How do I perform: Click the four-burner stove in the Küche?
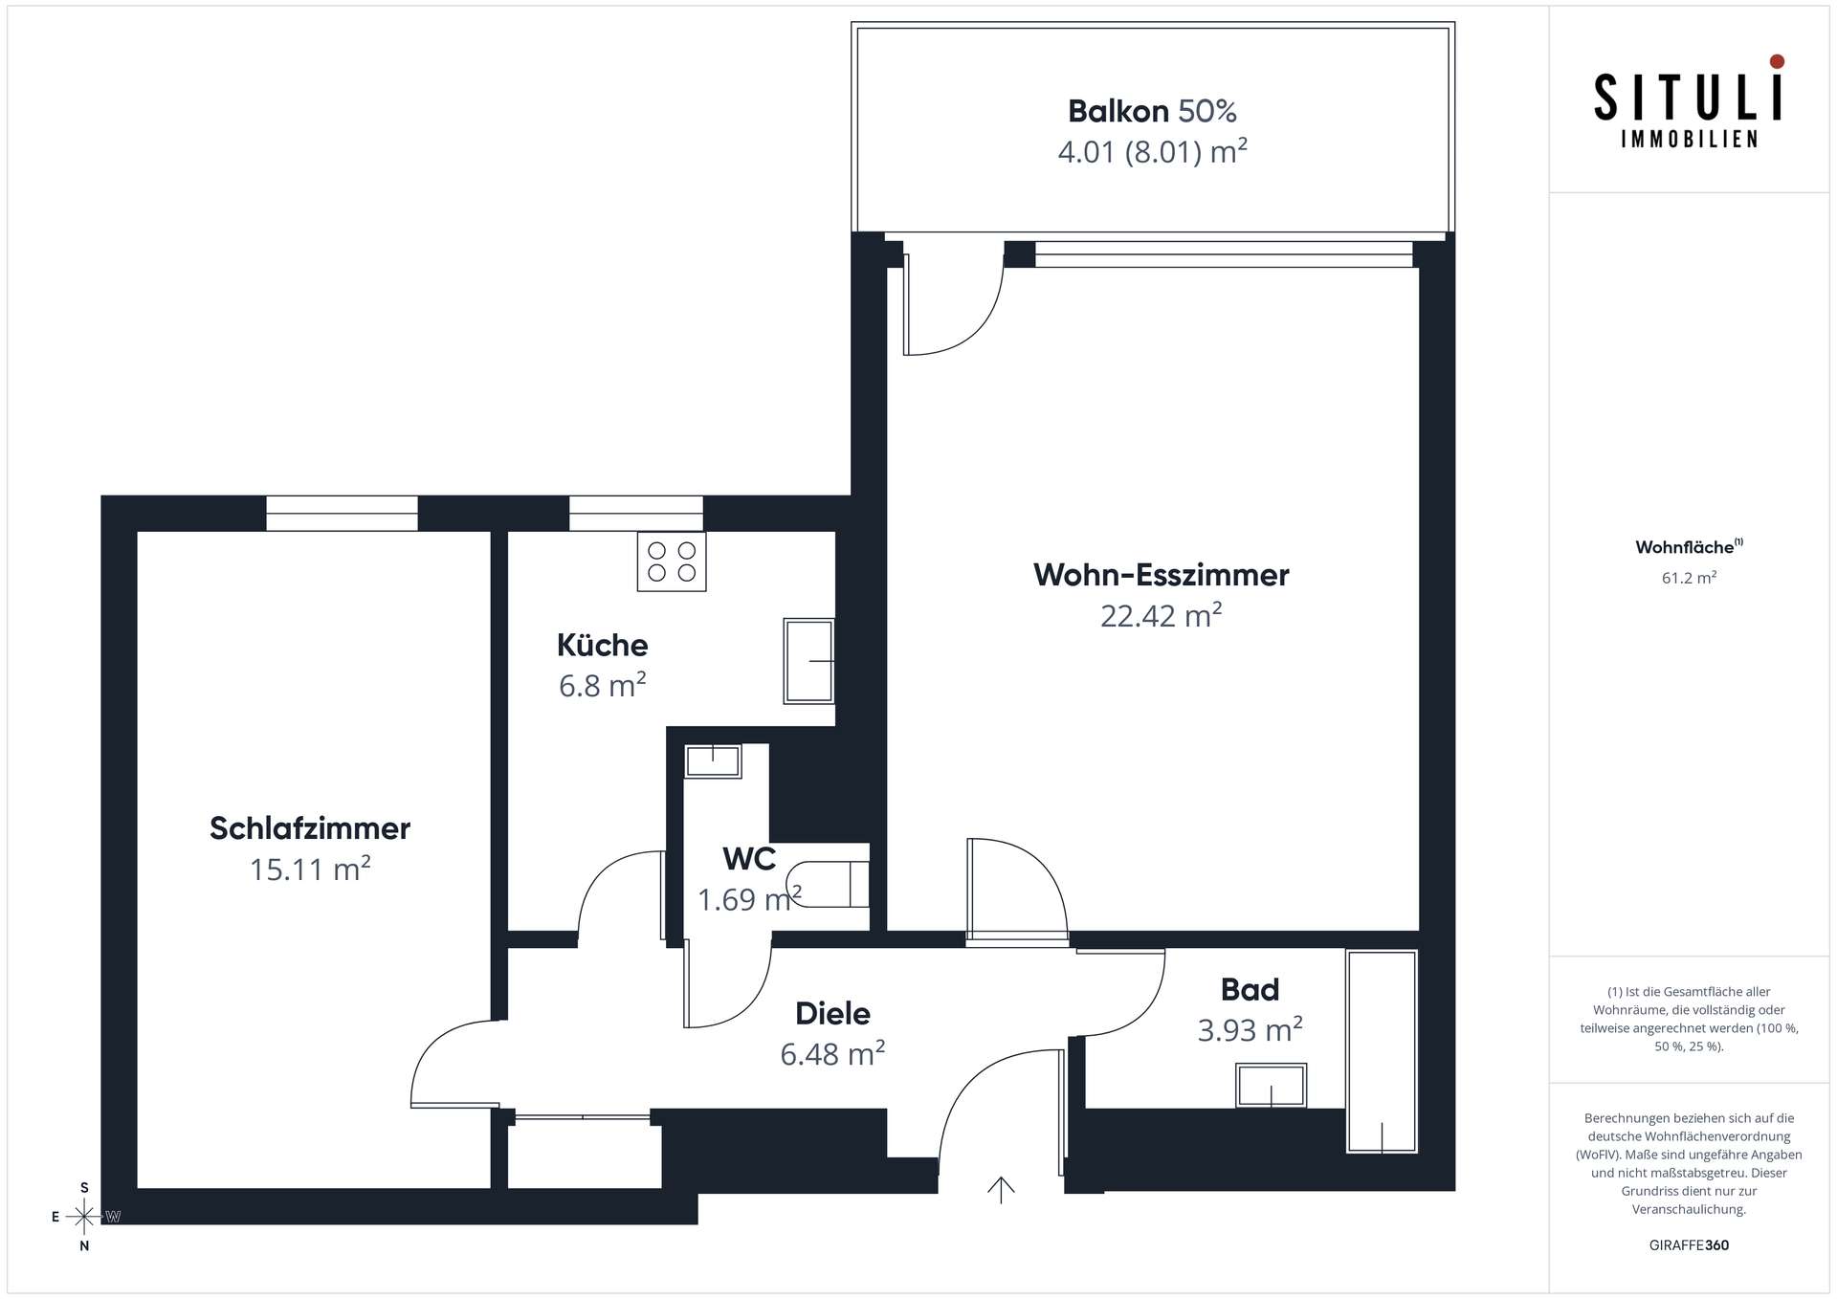672,561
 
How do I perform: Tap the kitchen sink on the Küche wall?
809,661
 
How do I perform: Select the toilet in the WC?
828,884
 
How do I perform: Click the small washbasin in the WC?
713,761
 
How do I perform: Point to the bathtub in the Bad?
1382,1051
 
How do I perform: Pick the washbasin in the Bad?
1272,1086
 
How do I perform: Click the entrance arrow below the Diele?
1001,1189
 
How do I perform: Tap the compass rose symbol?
84,1217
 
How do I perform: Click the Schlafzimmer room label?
310,828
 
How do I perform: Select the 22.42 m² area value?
1161,615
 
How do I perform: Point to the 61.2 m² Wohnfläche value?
1689,578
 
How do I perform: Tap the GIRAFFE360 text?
1689,1245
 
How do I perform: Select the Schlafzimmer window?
342,514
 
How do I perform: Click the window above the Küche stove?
636,514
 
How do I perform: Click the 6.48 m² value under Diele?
832,1053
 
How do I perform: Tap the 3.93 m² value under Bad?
1250,1029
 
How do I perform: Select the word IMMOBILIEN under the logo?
1689,140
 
